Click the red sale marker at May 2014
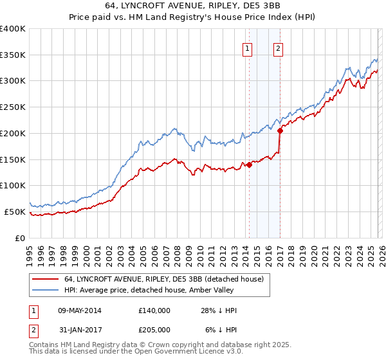coord(249,165)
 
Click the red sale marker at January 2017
coord(280,130)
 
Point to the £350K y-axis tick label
coord(13,55)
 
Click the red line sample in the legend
coord(46,280)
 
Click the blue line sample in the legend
coord(46,290)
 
